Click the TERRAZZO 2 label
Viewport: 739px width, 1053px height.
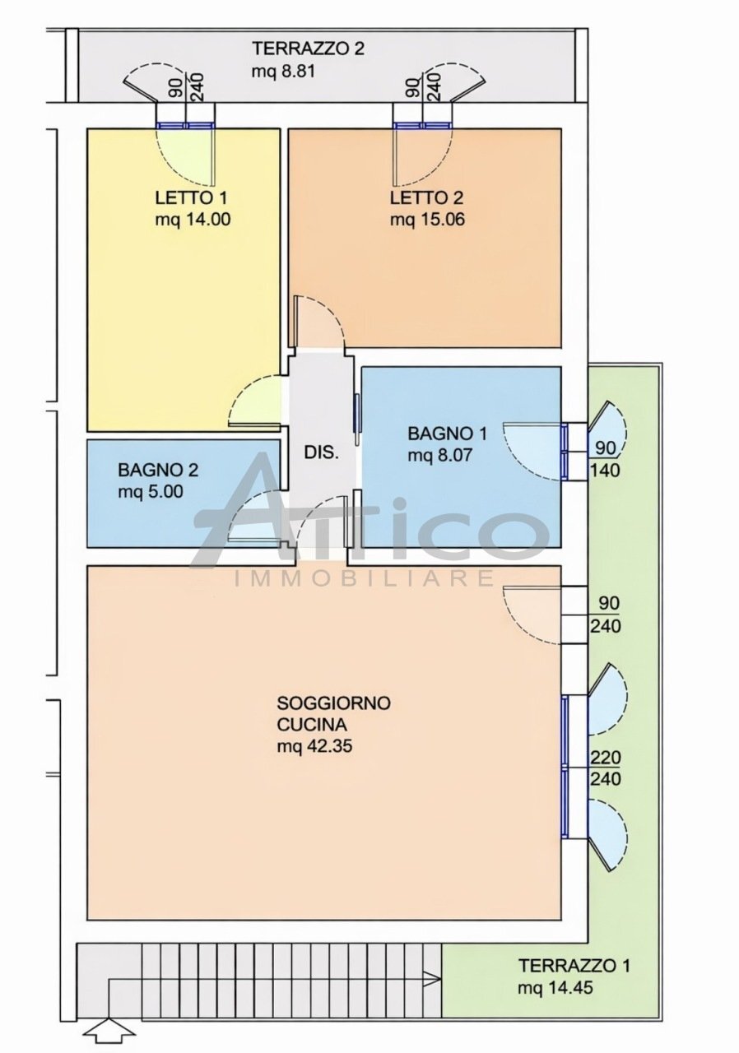click(x=309, y=49)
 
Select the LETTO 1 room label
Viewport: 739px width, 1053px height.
click(x=191, y=198)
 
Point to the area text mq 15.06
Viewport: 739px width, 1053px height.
click(x=427, y=220)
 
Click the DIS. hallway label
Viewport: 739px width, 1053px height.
click(x=322, y=454)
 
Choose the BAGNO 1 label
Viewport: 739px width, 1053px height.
click(x=447, y=433)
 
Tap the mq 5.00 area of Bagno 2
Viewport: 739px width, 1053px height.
click(x=151, y=492)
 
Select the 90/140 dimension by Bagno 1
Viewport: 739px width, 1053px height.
click(x=605, y=459)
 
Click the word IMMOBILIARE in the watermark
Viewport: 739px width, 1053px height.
click(x=364, y=578)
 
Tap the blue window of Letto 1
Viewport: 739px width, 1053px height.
click(x=185, y=126)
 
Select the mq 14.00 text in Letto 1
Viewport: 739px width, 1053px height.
click(x=193, y=220)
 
